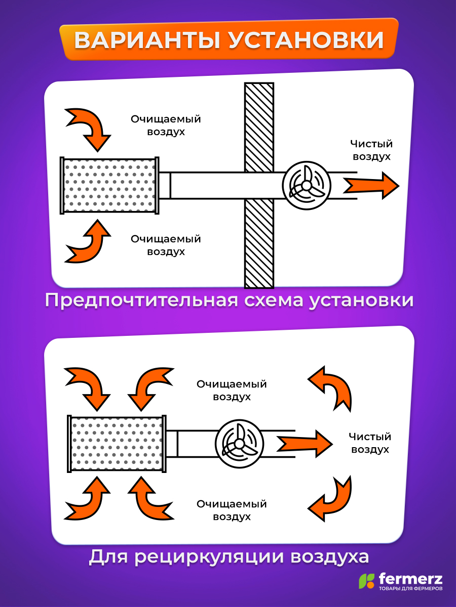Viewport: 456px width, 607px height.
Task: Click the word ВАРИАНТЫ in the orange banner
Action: click(x=147, y=40)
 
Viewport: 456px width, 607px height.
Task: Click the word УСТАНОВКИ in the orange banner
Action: click(x=306, y=40)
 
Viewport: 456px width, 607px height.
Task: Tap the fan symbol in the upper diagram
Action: click(x=307, y=186)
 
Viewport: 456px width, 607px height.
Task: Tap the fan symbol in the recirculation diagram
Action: click(x=240, y=444)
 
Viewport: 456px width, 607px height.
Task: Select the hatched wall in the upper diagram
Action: click(x=259, y=185)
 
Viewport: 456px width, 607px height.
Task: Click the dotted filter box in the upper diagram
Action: click(x=109, y=186)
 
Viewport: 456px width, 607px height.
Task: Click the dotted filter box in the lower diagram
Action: click(x=117, y=444)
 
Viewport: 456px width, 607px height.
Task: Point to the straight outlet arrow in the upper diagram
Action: click(x=371, y=186)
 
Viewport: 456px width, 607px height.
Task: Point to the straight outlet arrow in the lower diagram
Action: click(x=305, y=444)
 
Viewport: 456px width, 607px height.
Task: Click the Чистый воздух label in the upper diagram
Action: click(x=371, y=150)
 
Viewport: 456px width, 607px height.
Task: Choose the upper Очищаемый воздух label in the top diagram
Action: click(x=166, y=125)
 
